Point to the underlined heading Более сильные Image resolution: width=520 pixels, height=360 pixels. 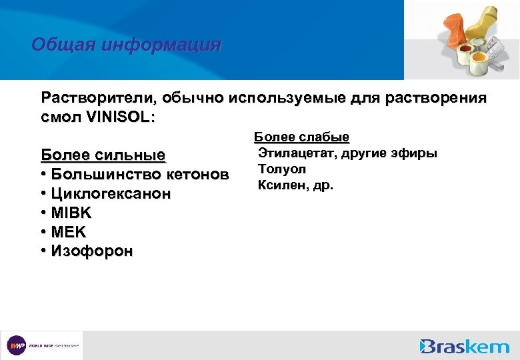[103, 155]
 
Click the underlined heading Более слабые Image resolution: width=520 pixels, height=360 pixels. [301, 137]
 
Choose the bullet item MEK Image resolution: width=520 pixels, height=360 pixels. [68, 232]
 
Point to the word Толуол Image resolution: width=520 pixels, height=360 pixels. [282, 169]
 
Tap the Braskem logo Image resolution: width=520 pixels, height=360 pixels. [465, 346]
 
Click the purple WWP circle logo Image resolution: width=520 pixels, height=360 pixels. [16, 346]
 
